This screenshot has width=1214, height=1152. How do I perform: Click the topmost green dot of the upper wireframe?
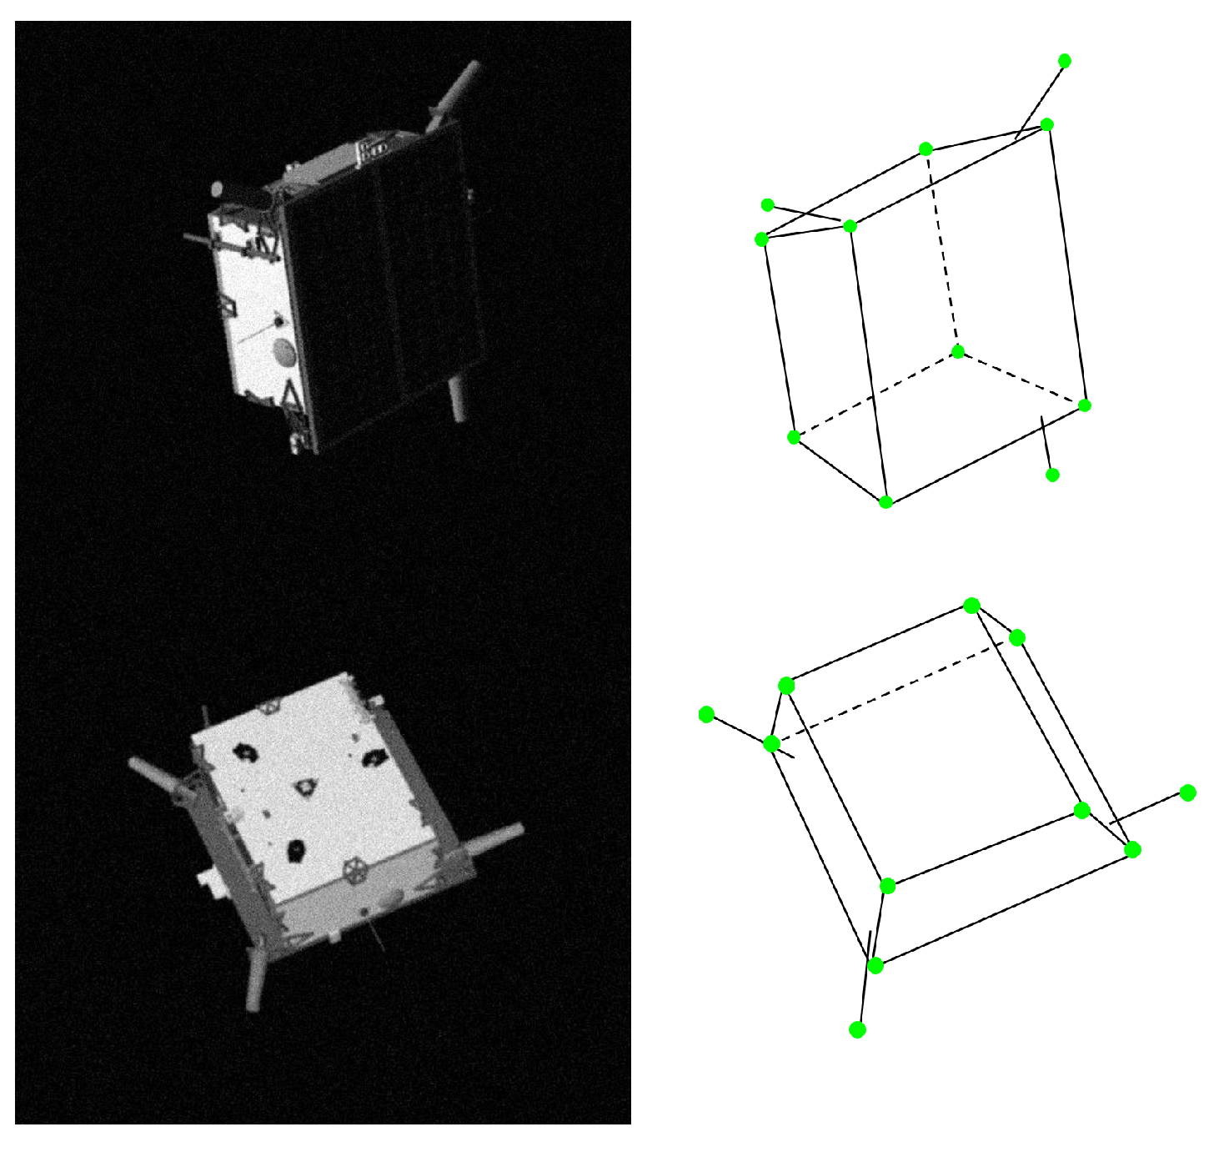click(1065, 61)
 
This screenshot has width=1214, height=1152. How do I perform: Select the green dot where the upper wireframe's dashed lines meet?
click(958, 352)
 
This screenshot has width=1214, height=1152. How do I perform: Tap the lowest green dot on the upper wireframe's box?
click(886, 502)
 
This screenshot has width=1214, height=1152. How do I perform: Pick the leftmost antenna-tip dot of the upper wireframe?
click(768, 205)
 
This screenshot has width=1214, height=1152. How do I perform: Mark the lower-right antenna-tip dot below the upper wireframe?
click(1052, 475)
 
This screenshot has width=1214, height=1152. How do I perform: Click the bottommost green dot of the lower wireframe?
click(857, 1030)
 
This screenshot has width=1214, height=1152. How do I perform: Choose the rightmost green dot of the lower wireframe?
click(1188, 792)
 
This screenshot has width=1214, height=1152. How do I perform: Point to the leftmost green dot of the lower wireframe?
click(706, 714)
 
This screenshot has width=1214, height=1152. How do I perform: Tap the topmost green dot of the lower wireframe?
click(971, 606)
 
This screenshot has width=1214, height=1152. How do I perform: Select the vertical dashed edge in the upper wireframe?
click(942, 250)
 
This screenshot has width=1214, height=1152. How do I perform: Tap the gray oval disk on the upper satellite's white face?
click(284, 353)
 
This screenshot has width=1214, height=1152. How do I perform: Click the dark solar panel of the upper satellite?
click(384, 284)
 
